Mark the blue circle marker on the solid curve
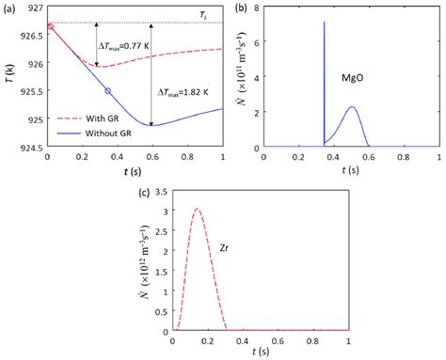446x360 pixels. click(107, 90)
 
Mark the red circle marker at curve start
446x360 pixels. click(49, 26)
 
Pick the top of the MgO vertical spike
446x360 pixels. click(324, 22)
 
